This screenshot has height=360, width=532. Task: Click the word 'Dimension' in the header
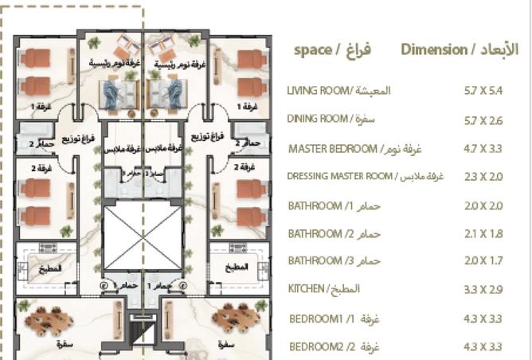pos(434,50)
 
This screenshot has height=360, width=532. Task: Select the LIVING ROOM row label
pos(338,91)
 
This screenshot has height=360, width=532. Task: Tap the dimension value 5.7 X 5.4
pos(483,91)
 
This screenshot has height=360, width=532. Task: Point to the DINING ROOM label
pos(331,119)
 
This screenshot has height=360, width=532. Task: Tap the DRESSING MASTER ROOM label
pos(365,177)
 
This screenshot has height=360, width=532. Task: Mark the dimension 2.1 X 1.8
pos(483,234)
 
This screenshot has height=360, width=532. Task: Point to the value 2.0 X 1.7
pos(483,261)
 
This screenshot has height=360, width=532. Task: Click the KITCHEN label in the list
pos(324,288)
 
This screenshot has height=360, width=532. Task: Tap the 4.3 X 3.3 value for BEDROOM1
pos(483,319)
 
